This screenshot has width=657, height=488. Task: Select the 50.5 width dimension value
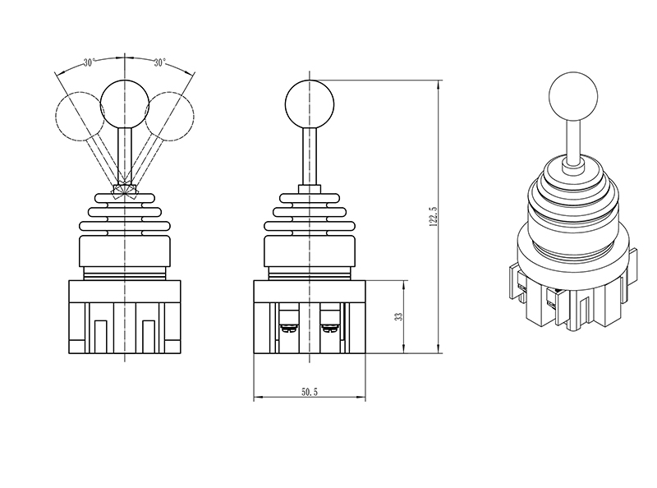click(x=309, y=394)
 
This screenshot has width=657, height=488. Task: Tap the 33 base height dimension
click(x=398, y=316)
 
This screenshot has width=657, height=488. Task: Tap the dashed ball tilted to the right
click(x=170, y=114)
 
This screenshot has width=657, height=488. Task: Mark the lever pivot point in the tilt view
click(x=123, y=189)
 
